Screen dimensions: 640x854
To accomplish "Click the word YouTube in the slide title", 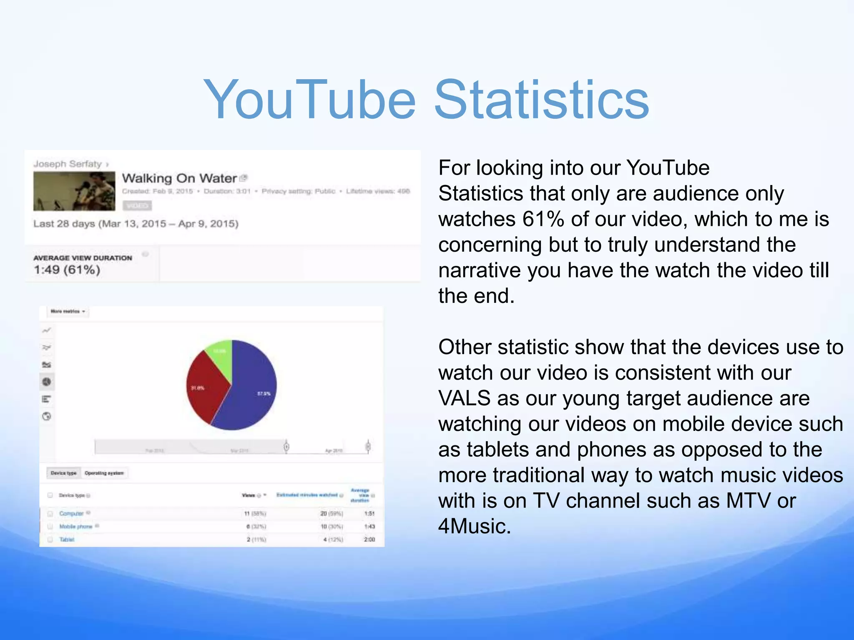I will point(309,100).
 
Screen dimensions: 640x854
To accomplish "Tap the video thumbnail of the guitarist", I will point(74,191).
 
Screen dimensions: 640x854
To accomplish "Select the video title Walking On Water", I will point(179,178).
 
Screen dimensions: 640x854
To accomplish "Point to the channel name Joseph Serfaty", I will point(68,164).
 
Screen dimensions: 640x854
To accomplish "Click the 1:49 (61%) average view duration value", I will point(67,270).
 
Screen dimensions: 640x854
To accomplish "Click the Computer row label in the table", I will point(71,513).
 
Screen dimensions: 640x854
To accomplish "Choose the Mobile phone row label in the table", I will point(75,526).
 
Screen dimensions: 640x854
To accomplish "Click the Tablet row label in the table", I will point(67,540).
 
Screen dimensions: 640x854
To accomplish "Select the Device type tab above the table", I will point(63,473).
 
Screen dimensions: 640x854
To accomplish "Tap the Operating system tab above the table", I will point(104,473).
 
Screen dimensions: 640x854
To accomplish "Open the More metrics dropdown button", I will point(67,311).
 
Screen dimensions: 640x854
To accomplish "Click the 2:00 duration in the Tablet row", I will point(369,540).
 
